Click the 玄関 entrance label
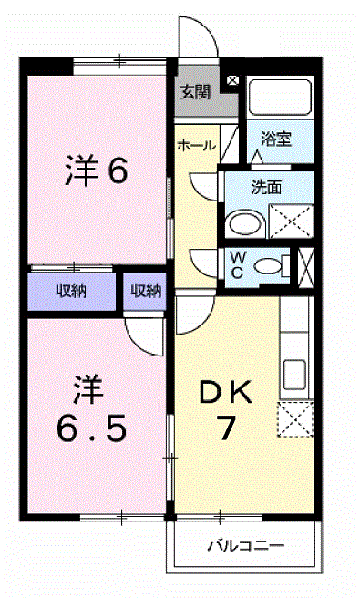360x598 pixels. coord(195,92)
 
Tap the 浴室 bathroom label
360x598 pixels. coord(276,139)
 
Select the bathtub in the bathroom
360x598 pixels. coord(281,98)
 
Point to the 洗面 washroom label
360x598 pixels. coord(266,188)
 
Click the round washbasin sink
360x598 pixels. coord(245,223)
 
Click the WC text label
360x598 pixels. coord(238,265)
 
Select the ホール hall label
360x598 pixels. coord(196,145)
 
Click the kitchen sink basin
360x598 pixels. coord(294,375)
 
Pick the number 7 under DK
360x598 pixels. coord(226,428)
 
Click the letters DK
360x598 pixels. coord(226,392)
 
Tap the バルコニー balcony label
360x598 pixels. coord(246,546)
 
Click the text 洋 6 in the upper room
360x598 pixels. coord(97,171)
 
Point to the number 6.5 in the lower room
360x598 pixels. coord(91,428)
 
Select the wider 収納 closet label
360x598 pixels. coord(71,292)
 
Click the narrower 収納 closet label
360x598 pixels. coord(146,292)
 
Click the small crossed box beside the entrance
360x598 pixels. coord(232,80)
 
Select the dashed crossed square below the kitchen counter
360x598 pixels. coord(295,419)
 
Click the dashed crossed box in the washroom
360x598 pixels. coord(292,222)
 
